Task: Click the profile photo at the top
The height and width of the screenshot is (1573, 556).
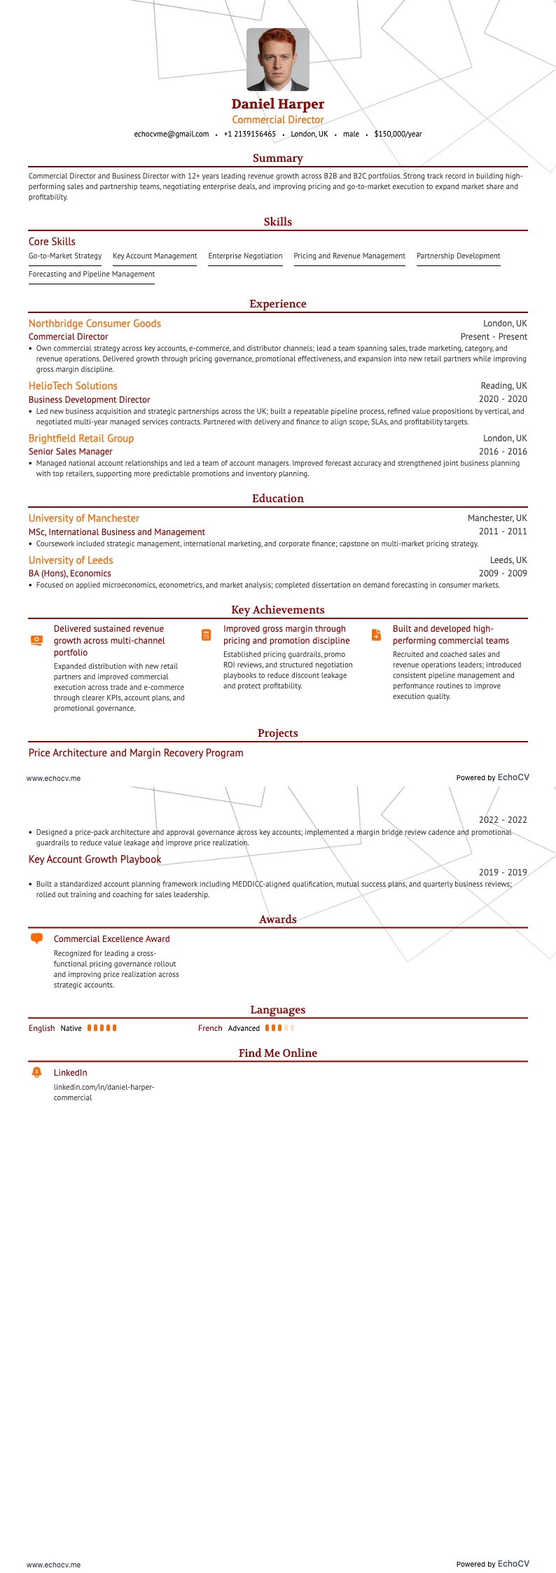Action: tap(277, 60)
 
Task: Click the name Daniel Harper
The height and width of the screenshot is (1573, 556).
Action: tap(277, 104)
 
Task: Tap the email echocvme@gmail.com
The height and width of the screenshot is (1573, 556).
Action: tap(172, 134)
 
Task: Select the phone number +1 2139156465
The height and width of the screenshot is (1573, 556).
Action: tap(249, 134)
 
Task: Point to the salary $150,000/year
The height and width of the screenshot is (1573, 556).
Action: tap(398, 134)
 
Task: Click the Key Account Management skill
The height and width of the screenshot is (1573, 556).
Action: tap(155, 256)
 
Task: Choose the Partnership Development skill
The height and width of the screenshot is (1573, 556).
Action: tap(458, 256)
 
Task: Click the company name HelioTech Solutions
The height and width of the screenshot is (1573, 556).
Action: tap(73, 386)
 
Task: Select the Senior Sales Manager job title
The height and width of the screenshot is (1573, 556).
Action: tap(70, 452)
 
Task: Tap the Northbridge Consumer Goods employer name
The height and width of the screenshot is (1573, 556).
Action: tap(95, 324)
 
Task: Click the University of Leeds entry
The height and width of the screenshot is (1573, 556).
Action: tap(71, 560)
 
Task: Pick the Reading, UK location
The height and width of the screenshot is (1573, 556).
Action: tap(503, 386)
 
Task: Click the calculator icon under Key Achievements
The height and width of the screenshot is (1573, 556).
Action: tap(206, 635)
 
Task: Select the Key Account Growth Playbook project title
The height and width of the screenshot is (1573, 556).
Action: tap(95, 859)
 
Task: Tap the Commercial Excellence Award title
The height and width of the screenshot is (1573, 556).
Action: tap(111, 939)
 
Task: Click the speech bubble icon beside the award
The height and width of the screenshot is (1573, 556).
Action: tap(37, 938)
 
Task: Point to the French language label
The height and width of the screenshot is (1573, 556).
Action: tap(210, 1028)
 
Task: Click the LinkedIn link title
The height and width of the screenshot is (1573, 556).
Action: tap(70, 1073)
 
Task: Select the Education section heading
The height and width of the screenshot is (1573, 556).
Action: tap(277, 499)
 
